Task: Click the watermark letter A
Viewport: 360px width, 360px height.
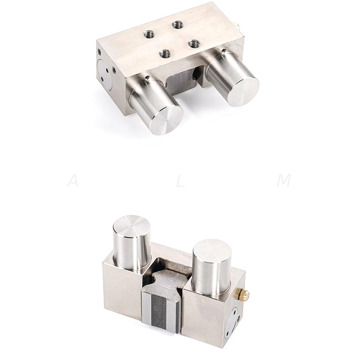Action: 73,181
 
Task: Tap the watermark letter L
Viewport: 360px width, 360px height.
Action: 180,181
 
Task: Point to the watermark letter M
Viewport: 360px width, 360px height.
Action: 286,181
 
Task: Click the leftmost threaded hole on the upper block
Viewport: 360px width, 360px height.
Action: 150,34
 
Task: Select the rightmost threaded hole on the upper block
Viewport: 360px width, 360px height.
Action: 194,43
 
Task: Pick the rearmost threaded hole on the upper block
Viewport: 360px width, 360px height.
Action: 178,25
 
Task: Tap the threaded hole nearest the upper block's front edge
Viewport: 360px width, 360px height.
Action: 165,54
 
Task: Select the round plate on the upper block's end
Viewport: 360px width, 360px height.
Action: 107,73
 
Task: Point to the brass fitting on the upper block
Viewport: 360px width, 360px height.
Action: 240,25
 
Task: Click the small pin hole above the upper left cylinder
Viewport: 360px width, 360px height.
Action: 147,78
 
